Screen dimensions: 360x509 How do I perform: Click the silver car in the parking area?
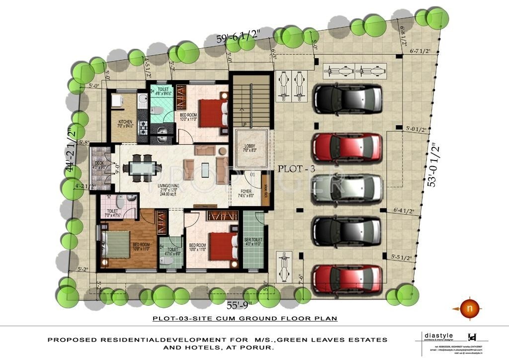coord(346,189)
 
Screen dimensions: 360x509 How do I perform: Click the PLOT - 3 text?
coord(297,169)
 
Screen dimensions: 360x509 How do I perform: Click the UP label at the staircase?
coord(244,124)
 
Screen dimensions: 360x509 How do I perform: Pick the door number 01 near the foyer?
coord(253,175)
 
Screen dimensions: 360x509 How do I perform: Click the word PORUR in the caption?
coord(256,349)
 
